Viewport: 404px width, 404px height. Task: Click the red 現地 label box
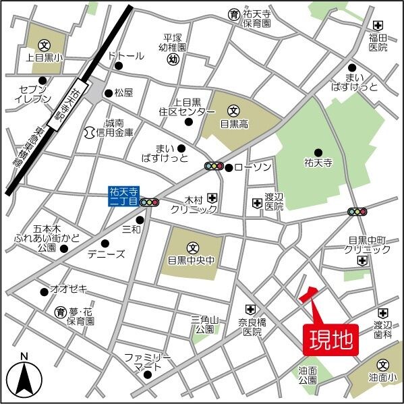click(x=330, y=340)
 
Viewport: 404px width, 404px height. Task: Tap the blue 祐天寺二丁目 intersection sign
click(x=123, y=196)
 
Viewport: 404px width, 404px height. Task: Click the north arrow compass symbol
click(x=24, y=378)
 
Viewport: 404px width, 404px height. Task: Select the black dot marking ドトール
click(x=119, y=66)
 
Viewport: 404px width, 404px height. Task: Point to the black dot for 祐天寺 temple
click(x=318, y=152)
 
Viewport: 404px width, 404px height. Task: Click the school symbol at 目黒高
click(x=233, y=110)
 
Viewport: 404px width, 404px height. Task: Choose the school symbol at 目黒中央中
click(x=192, y=247)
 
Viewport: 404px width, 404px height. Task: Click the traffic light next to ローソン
click(x=214, y=167)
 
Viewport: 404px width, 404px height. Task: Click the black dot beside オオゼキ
click(x=44, y=291)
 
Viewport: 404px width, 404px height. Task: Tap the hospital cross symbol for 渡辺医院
click(x=257, y=202)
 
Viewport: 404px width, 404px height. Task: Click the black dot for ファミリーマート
click(x=147, y=374)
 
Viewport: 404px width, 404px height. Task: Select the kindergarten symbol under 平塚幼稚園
click(x=173, y=59)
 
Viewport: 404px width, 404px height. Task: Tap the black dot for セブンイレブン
click(x=42, y=80)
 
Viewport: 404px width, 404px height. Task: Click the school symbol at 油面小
click(x=384, y=364)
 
